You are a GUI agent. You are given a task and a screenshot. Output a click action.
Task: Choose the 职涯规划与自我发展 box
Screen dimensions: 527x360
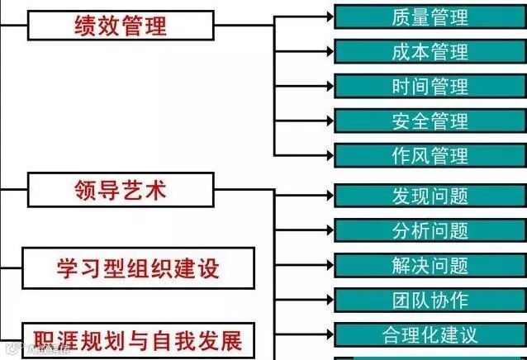(136, 339)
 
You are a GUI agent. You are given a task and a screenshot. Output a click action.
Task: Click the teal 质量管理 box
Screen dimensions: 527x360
(430, 17)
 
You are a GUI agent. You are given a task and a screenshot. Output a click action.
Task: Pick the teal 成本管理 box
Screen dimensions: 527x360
(430, 51)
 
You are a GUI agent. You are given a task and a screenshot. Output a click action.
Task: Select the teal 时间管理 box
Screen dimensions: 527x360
(430, 86)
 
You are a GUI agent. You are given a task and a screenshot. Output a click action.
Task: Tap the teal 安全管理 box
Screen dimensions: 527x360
(430, 121)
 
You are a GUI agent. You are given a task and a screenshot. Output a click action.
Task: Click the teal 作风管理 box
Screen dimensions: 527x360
(430, 155)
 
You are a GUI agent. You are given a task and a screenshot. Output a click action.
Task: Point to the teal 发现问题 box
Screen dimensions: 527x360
(430, 196)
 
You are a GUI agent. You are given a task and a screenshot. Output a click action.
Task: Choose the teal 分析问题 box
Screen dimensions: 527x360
(430, 230)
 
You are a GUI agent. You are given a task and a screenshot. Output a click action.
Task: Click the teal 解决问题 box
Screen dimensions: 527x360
(430, 265)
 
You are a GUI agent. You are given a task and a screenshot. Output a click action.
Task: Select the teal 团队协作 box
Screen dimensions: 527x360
(430, 300)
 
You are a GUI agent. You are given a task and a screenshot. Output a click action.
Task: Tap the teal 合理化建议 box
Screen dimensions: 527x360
(430, 335)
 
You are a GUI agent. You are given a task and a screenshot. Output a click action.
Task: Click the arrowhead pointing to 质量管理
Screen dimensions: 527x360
(329, 17)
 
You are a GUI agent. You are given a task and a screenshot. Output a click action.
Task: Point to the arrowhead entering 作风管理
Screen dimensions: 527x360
(329, 155)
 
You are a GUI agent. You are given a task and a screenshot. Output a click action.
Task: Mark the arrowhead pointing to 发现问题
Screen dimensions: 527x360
(329, 196)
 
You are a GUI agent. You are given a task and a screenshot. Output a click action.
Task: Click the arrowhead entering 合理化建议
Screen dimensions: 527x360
(329, 335)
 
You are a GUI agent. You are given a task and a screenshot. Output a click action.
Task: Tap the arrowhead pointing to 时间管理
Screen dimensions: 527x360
(329, 86)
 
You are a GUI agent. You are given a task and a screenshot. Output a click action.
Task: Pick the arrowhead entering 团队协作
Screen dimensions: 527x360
(329, 300)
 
